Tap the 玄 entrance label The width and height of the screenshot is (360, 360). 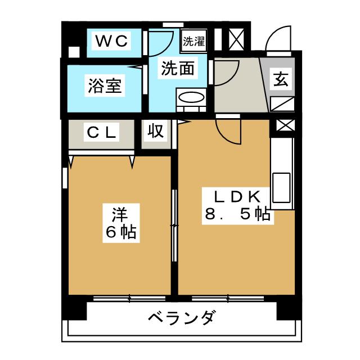281,79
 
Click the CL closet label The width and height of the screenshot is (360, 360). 102,133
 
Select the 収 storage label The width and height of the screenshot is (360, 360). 156,132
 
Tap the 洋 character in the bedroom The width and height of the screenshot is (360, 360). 118,213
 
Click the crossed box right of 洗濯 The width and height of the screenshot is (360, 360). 234,42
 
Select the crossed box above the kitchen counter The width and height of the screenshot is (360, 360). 282,128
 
